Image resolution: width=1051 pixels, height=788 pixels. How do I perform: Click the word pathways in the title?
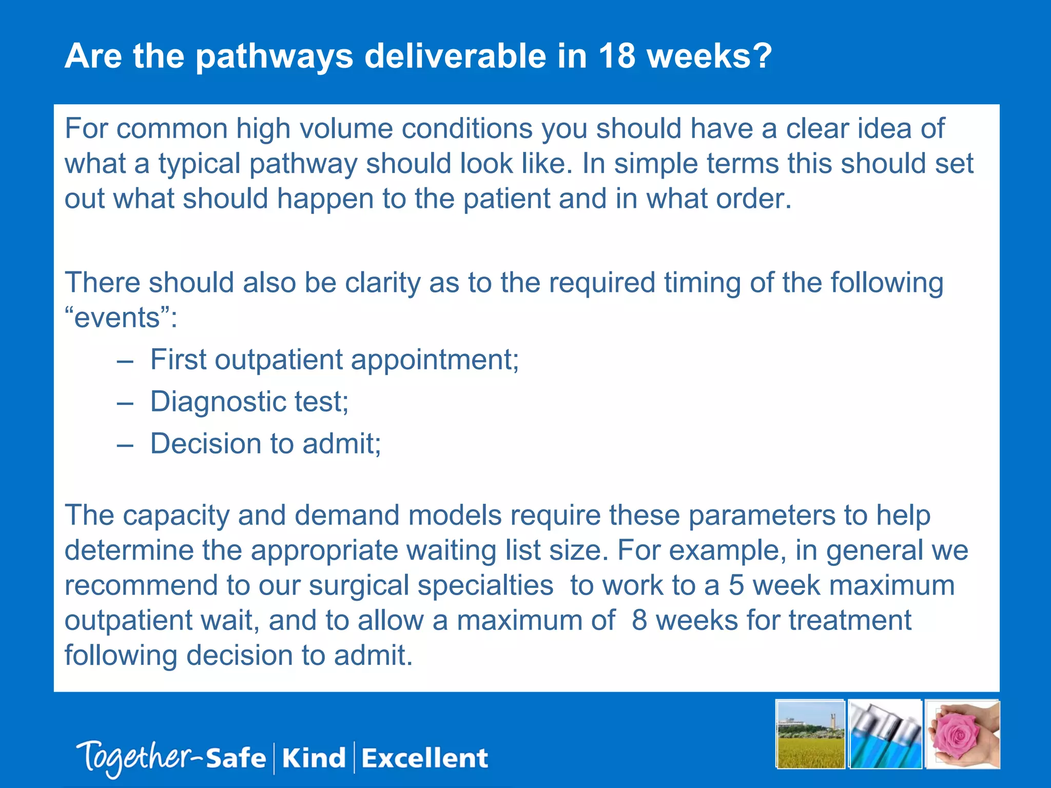(x=275, y=56)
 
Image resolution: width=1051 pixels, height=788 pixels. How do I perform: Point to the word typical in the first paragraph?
(x=199, y=164)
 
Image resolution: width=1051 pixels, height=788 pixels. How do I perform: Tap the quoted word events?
(x=118, y=318)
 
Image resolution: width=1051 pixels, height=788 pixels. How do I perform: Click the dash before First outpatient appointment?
(x=125, y=361)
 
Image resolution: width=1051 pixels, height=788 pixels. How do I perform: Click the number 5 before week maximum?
(x=736, y=586)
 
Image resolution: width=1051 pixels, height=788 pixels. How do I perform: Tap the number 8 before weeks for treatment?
(x=639, y=621)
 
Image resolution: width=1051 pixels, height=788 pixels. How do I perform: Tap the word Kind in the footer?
(x=314, y=758)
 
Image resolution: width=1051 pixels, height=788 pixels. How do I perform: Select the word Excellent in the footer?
(x=424, y=758)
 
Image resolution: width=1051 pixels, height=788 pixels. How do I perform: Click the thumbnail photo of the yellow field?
(x=810, y=735)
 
